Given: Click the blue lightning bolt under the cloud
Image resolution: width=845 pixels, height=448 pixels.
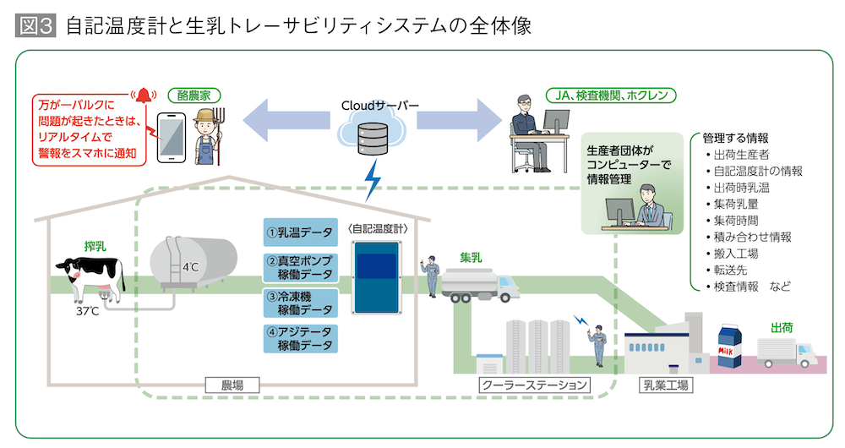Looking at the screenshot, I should point(371,180).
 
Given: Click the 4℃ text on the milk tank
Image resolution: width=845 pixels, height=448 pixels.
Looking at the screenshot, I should point(190,267).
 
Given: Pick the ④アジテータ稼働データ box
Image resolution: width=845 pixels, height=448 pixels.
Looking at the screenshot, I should point(299,338).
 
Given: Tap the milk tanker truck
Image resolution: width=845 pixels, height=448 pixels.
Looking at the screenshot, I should point(477,283).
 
